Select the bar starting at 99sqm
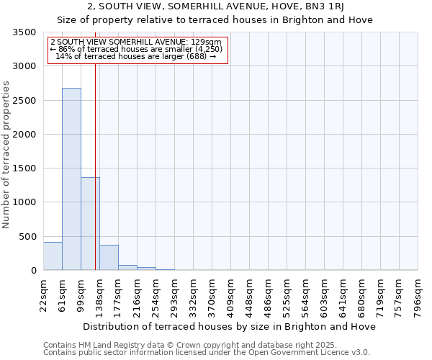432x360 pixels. pos(90,223)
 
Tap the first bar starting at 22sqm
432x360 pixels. pos(53,256)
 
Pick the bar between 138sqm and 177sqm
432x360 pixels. pos(109,258)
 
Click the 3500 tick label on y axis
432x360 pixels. pos(23,32)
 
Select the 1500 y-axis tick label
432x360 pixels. pos(23,168)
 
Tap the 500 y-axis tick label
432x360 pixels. pos(27,236)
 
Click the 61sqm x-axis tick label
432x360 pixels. pos(62,292)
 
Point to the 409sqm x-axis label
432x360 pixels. pos(230,293)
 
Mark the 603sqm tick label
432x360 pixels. pos(324,293)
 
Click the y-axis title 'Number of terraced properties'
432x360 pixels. pos(7,155)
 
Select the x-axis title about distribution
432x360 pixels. pos(230,326)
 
